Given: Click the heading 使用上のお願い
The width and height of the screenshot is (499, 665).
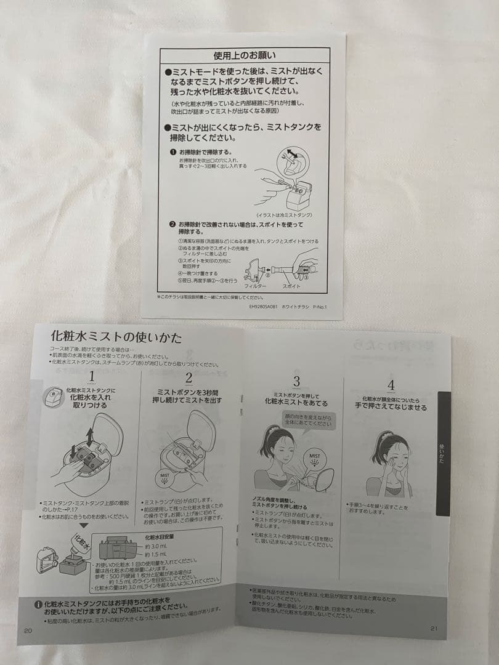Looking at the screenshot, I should click(245, 56).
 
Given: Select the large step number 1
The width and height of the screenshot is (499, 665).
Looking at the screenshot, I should click(91, 376).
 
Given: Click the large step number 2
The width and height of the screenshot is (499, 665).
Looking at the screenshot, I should click(189, 377).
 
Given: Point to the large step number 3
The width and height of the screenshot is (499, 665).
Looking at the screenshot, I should click(296, 381).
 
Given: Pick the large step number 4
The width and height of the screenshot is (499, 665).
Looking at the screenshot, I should click(391, 385).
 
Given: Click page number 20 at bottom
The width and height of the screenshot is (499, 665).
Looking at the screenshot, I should click(28, 630).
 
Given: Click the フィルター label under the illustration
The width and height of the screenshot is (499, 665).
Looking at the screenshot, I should click(255, 287).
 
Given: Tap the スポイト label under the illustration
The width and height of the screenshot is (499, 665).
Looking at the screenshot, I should click(291, 287).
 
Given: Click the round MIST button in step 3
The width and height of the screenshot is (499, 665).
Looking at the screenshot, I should click(315, 459).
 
